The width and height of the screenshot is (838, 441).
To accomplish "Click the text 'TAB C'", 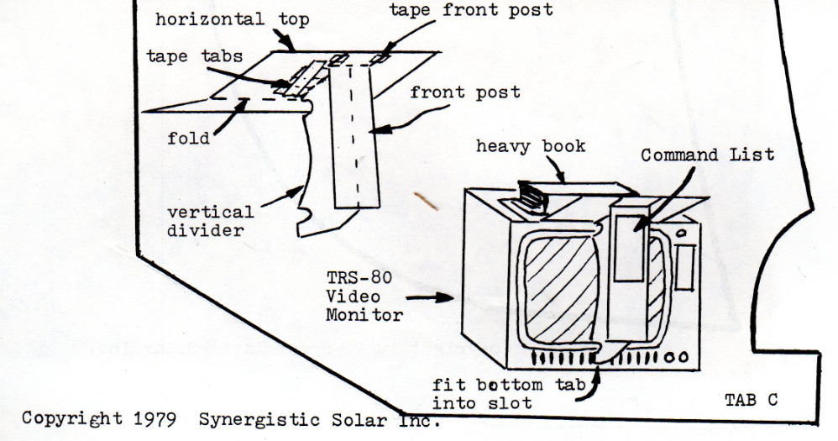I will click(x=750, y=401).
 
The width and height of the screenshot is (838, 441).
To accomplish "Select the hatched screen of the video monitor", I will click(x=558, y=290).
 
